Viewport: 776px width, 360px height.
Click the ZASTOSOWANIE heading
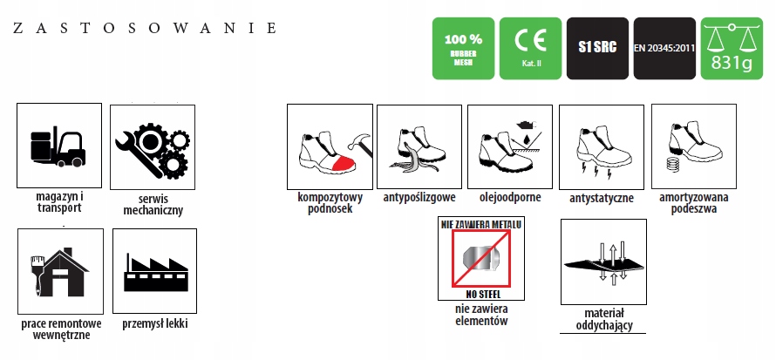tap(144, 28)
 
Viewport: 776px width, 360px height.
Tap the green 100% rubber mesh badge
tap(463, 49)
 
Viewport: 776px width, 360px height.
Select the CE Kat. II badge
tap(530, 49)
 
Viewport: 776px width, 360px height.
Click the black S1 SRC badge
tap(597, 49)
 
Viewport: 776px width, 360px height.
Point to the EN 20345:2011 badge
tap(664, 49)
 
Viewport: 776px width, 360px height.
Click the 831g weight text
tap(731, 63)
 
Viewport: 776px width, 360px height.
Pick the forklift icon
tap(58, 146)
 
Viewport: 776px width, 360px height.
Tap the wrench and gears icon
tap(152, 148)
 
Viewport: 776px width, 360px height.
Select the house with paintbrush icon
tap(59, 273)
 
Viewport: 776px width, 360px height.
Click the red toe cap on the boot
tap(343, 164)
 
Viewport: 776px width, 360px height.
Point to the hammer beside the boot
tap(360, 145)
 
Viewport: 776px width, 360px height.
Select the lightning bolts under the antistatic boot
tap(596, 172)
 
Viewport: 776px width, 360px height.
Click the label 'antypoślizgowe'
tap(419, 198)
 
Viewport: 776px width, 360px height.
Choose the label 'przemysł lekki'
tap(155, 324)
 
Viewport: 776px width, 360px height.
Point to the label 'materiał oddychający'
tap(604, 319)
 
